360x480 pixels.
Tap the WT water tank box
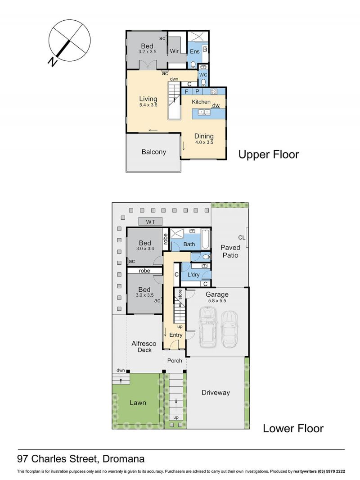click(x=150, y=222)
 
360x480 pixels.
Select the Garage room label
click(x=217, y=294)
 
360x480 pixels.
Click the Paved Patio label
click(x=230, y=251)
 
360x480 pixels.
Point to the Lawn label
click(x=138, y=403)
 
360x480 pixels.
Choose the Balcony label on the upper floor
click(x=153, y=152)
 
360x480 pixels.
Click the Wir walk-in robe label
click(x=174, y=51)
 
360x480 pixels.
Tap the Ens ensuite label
click(x=194, y=51)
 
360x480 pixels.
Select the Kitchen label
click(x=201, y=102)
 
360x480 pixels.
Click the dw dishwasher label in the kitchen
click(x=216, y=105)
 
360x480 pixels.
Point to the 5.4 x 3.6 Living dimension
click(x=148, y=105)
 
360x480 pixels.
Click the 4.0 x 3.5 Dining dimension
click(x=204, y=142)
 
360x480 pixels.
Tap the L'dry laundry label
click(x=193, y=275)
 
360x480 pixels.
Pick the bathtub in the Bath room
click(x=206, y=240)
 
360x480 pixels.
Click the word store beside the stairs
click(x=180, y=294)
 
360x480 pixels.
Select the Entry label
click(x=176, y=335)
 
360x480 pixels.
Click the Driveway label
click(x=216, y=393)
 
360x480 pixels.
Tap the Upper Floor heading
click(x=269, y=154)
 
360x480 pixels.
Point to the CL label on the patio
click(x=242, y=238)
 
